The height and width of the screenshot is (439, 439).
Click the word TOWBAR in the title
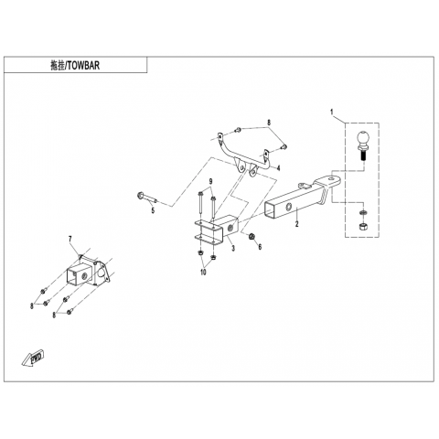point(83,66)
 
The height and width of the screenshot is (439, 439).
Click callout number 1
point(332,112)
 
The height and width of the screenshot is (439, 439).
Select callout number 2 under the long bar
point(297,224)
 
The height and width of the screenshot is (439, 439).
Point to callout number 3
point(233,248)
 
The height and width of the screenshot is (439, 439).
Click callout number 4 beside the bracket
point(278,168)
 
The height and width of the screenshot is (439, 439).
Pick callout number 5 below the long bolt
point(153,210)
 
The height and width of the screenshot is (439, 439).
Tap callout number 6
point(260,247)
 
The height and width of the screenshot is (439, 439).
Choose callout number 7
point(70,239)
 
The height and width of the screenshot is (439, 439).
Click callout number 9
point(210,182)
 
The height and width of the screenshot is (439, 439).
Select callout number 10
point(203,273)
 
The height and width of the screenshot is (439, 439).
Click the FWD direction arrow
point(33,357)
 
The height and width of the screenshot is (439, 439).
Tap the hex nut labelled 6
point(252,236)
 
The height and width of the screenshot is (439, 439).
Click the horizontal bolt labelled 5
point(147,198)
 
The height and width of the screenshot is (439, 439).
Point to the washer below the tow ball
point(363,212)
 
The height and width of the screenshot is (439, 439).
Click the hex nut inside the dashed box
point(363,227)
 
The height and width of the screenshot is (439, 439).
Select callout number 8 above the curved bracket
point(269,123)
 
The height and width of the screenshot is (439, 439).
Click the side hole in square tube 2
point(288,208)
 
